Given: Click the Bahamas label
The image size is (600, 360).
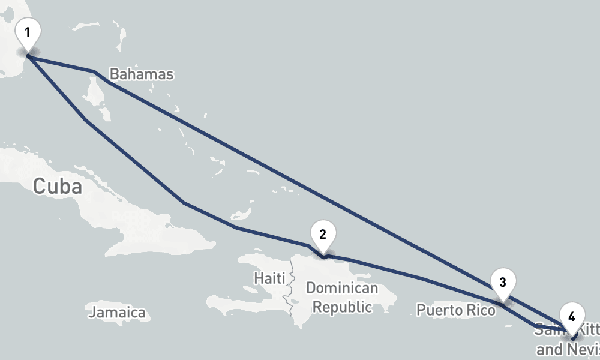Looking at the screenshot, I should pyautogui.click(x=142, y=74).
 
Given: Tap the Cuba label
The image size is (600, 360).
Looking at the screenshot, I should pyautogui.click(x=57, y=186).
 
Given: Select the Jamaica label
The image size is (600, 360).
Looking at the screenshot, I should pyautogui.click(x=118, y=313).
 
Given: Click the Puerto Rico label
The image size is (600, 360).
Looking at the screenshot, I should pyautogui.click(x=456, y=310).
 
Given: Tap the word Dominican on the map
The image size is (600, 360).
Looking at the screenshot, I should pyautogui.click(x=342, y=288).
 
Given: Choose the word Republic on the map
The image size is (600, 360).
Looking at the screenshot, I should pyautogui.click(x=343, y=307).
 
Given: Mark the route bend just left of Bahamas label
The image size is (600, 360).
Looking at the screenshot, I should pyautogui.click(x=94, y=71).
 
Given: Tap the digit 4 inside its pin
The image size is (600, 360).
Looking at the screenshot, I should pyautogui.click(x=572, y=316).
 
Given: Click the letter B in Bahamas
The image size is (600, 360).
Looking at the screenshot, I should pyautogui.click(x=115, y=74).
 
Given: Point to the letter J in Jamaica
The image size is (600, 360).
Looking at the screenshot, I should pyautogui.click(x=92, y=313).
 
